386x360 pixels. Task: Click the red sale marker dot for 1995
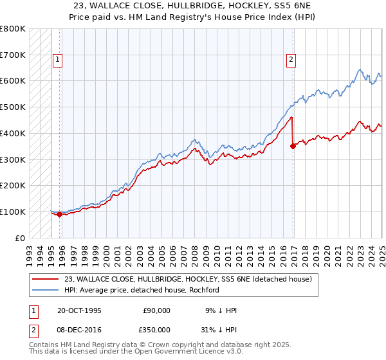point(60,215)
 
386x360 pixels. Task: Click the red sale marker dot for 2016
point(293,146)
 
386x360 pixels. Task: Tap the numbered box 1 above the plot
point(57,60)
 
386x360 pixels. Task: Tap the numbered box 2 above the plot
point(291,60)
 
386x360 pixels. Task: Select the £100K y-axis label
point(13,212)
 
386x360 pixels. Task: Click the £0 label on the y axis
point(21,238)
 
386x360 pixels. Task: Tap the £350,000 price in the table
point(156,329)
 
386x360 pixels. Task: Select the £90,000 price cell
point(156,310)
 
